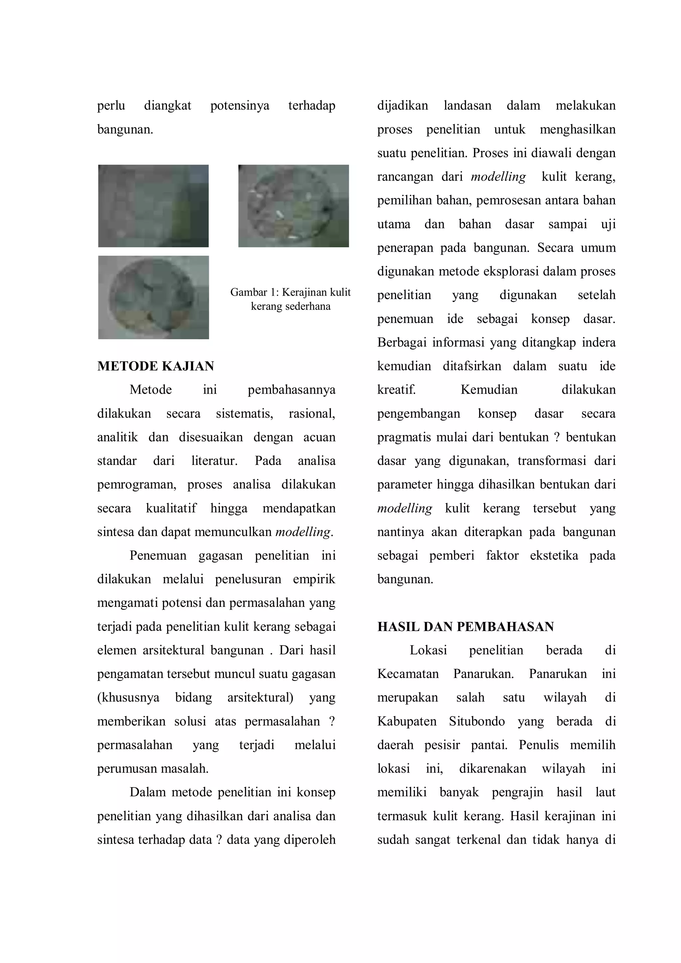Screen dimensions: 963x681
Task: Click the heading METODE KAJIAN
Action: pos(156,366)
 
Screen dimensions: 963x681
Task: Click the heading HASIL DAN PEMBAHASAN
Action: pos(466,626)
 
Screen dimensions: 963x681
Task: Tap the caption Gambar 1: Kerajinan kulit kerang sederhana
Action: pos(290,299)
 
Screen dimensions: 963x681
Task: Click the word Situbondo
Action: pos(477,721)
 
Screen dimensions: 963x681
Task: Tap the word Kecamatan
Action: pos(408,674)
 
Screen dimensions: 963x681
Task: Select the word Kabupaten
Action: pos(406,721)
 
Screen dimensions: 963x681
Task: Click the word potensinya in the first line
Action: pos(239,105)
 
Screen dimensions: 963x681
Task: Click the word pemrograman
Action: pos(136,485)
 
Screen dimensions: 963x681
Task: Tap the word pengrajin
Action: pos(517,793)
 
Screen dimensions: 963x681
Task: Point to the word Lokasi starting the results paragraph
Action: pos(428,650)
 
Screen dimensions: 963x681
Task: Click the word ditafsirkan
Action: pos(472,366)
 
